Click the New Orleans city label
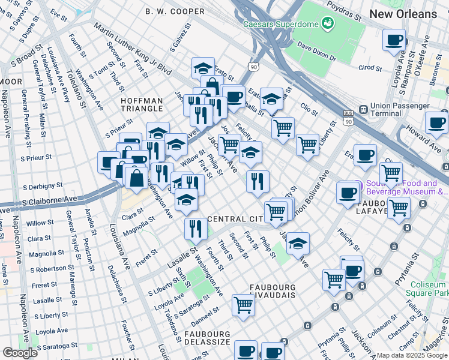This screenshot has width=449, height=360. (x=403, y=13)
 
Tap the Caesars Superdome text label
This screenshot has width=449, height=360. (x=280, y=24)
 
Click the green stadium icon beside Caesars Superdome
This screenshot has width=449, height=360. (x=327, y=23)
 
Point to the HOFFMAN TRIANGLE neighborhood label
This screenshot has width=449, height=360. (x=142, y=104)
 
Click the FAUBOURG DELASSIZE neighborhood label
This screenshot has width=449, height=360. (x=208, y=338)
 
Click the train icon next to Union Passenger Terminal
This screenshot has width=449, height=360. (x=363, y=110)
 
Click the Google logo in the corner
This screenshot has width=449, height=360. (x=20, y=353)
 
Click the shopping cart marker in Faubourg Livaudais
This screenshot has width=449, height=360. (x=243, y=304)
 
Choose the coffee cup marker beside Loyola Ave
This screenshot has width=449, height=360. (x=394, y=40)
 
